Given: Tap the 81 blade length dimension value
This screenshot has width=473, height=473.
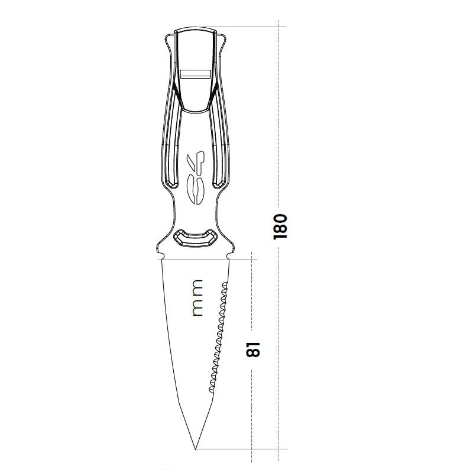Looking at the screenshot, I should coord(252,351).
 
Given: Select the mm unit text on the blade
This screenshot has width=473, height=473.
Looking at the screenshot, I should coord(197,298).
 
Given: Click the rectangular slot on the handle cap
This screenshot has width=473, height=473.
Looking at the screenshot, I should coord(195,74).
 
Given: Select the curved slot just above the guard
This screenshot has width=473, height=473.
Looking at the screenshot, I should coord(195,237).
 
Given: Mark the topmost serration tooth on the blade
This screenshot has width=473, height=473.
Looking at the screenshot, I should coord(225,286).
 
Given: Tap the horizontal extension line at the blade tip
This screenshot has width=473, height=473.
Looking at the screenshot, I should coord(242,449).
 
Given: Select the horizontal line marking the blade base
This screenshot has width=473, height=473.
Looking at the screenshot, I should coord(195,260).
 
